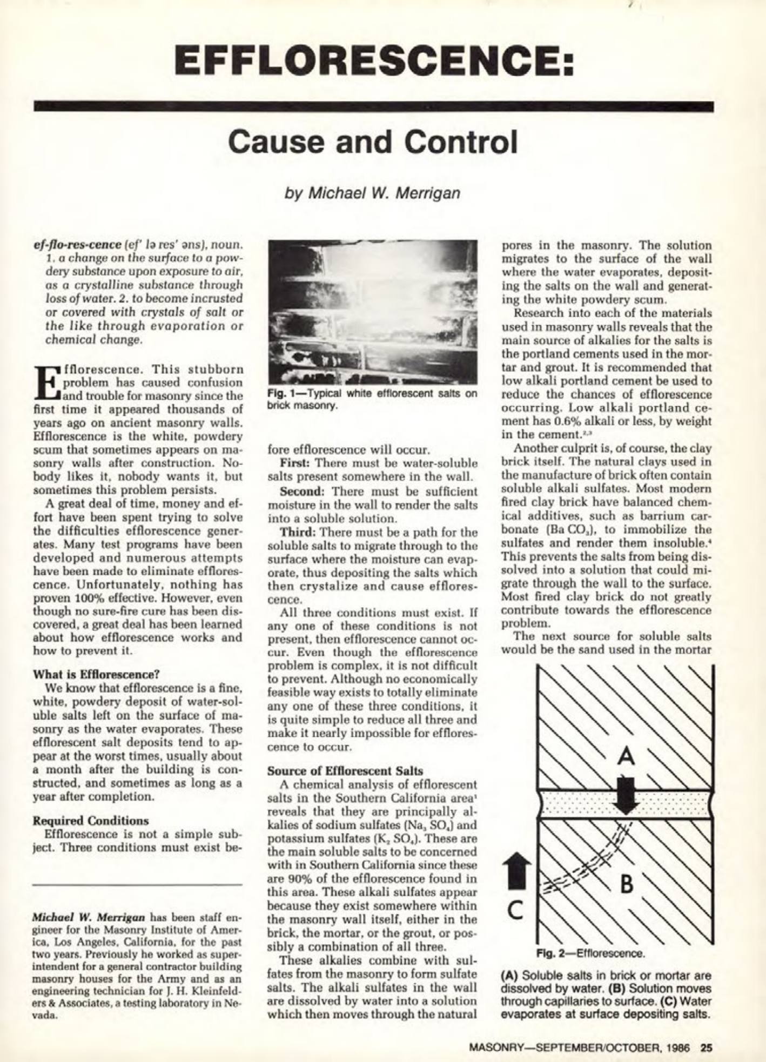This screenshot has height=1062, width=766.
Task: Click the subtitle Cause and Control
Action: pos(373,142)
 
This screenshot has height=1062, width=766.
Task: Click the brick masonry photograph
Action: pos(373,312)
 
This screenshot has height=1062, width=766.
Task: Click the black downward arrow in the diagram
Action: pos(626,795)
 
